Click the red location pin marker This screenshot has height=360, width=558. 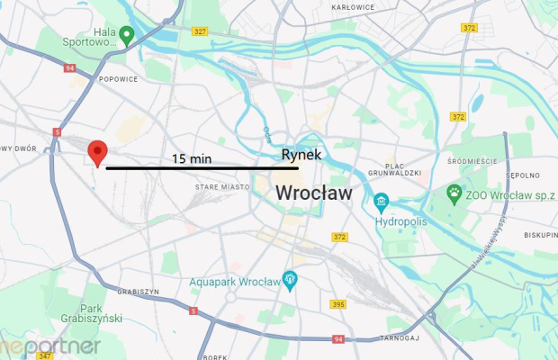point(96,153)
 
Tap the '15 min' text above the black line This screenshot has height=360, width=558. point(192,158)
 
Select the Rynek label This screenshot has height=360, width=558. point(301,155)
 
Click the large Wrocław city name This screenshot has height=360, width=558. point(313,193)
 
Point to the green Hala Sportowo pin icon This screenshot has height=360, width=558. point(127,35)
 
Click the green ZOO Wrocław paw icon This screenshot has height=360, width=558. point(455,193)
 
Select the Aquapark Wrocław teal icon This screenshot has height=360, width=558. point(290,281)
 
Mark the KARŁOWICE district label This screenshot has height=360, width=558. point(353,7)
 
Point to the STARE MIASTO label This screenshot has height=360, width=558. point(221,187)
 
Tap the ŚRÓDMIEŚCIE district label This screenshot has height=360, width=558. point(471,161)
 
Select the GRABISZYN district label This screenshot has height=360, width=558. point(138,292)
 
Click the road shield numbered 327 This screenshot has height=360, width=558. point(200,31)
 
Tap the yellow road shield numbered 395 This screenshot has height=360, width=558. point(337,305)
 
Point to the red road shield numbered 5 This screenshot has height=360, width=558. point(193,311)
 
